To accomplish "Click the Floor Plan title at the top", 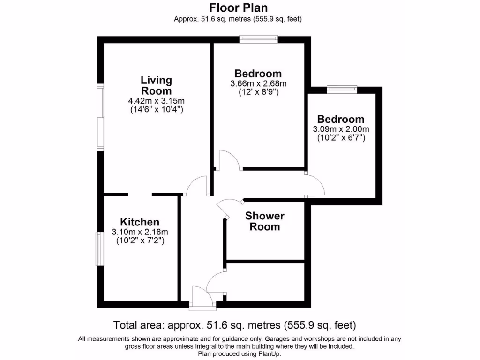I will click(x=238, y=7).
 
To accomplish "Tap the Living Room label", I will click(x=157, y=85).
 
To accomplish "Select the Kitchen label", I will click(x=140, y=222).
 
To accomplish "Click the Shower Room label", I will click(x=265, y=221).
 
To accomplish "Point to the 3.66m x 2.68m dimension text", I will click(x=258, y=83).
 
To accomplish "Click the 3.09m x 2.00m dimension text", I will click(x=341, y=129).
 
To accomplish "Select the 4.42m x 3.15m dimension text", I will click(x=157, y=101).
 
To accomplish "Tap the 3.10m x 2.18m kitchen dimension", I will click(x=140, y=232).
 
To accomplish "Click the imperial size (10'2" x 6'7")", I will click(x=341, y=138).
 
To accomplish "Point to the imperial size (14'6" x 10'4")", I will click(x=157, y=110).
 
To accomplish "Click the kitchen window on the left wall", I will click(x=99, y=248).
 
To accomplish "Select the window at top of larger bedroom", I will click(x=258, y=39).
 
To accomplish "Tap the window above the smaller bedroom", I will click(x=342, y=90).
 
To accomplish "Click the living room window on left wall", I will click(x=100, y=117).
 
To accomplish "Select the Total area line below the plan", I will click(x=235, y=325).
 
